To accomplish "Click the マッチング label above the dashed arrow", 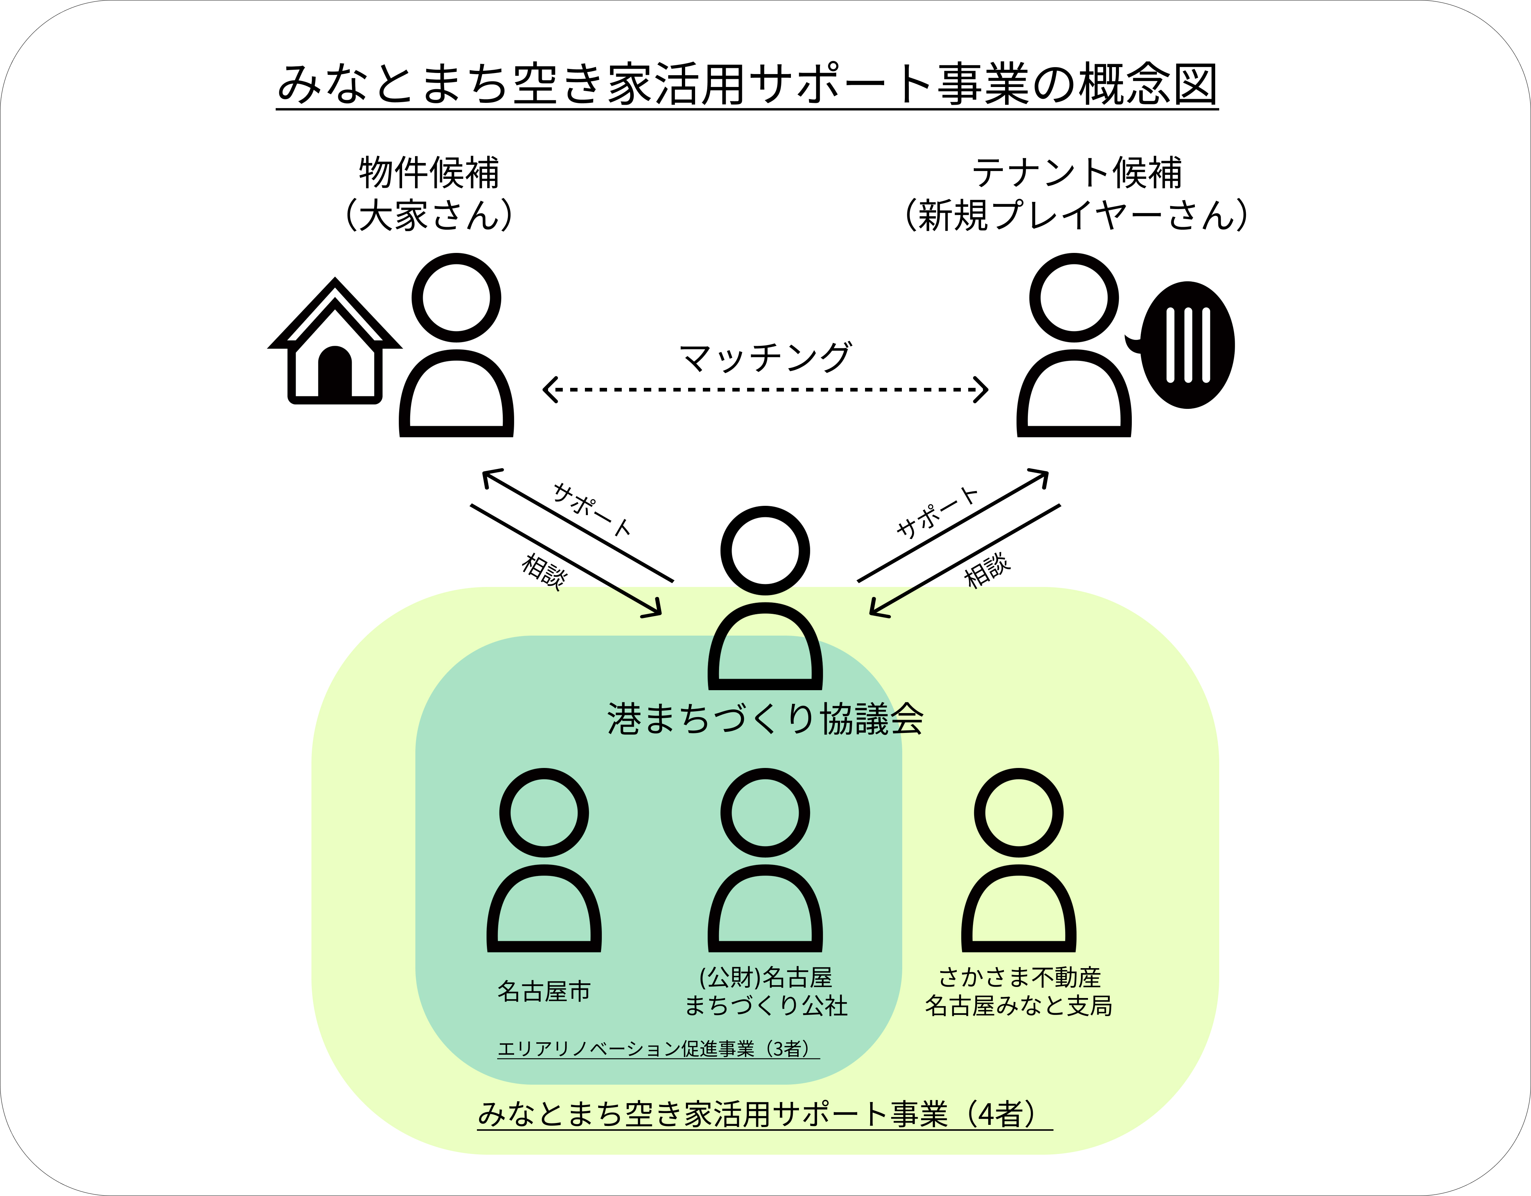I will [x=765, y=358].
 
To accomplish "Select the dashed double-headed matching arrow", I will [x=765, y=390].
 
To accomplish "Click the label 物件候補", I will [x=429, y=173].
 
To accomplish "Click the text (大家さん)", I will [x=429, y=215].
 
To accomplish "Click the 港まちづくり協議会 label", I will [x=765, y=719].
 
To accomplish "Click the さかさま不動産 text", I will [x=1019, y=977].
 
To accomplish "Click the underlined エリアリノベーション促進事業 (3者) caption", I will [x=658, y=1049].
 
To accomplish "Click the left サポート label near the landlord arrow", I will [x=592, y=509].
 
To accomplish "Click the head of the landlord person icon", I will [x=456, y=297].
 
